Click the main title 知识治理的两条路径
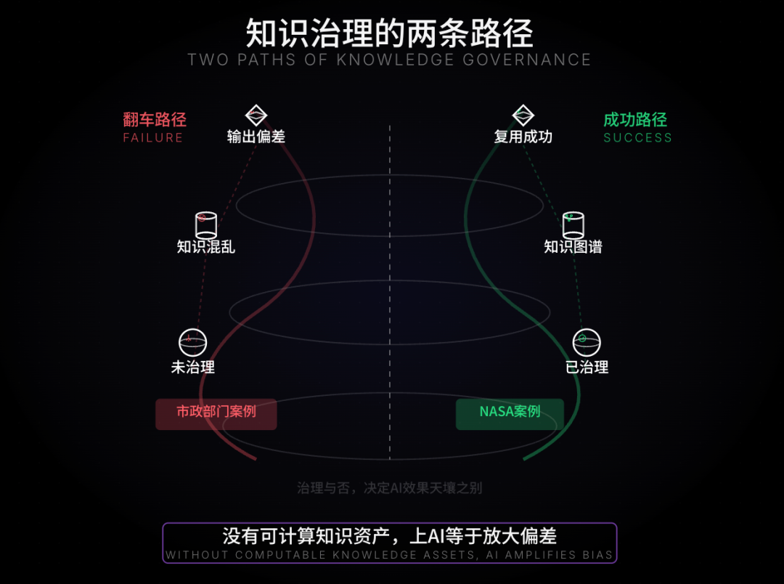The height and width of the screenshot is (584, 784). click(x=390, y=33)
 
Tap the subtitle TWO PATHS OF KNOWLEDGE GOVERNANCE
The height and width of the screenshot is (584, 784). click(x=390, y=60)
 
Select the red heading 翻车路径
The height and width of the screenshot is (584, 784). click(x=155, y=120)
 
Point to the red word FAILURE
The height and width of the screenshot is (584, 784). click(x=153, y=138)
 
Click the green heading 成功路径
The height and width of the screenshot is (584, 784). click(x=635, y=120)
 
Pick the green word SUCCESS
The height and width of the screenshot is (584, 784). click(x=638, y=138)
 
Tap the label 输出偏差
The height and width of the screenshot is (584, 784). click(x=256, y=137)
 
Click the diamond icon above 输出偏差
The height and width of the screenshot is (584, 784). click(x=256, y=115)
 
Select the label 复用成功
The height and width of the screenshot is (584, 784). click(x=523, y=137)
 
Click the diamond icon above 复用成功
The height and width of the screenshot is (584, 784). click(x=523, y=115)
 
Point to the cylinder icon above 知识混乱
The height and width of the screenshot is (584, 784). click(x=206, y=224)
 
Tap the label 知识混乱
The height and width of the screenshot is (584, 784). click(x=206, y=247)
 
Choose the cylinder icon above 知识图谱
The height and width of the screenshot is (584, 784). click(x=573, y=224)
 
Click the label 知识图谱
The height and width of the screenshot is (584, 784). click(x=573, y=247)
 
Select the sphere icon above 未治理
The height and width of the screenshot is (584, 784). click(x=193, y=341)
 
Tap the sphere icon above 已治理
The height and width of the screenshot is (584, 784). click(x=587, y=341)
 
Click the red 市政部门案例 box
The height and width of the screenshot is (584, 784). click(x=216, y=413)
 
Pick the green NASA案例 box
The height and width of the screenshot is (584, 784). click(x=510, y=413)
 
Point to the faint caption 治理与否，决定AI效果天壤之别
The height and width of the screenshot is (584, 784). click(x=390, y=488)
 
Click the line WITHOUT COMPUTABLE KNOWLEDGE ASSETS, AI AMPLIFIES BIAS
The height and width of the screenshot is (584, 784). click(x=390, y=556)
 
